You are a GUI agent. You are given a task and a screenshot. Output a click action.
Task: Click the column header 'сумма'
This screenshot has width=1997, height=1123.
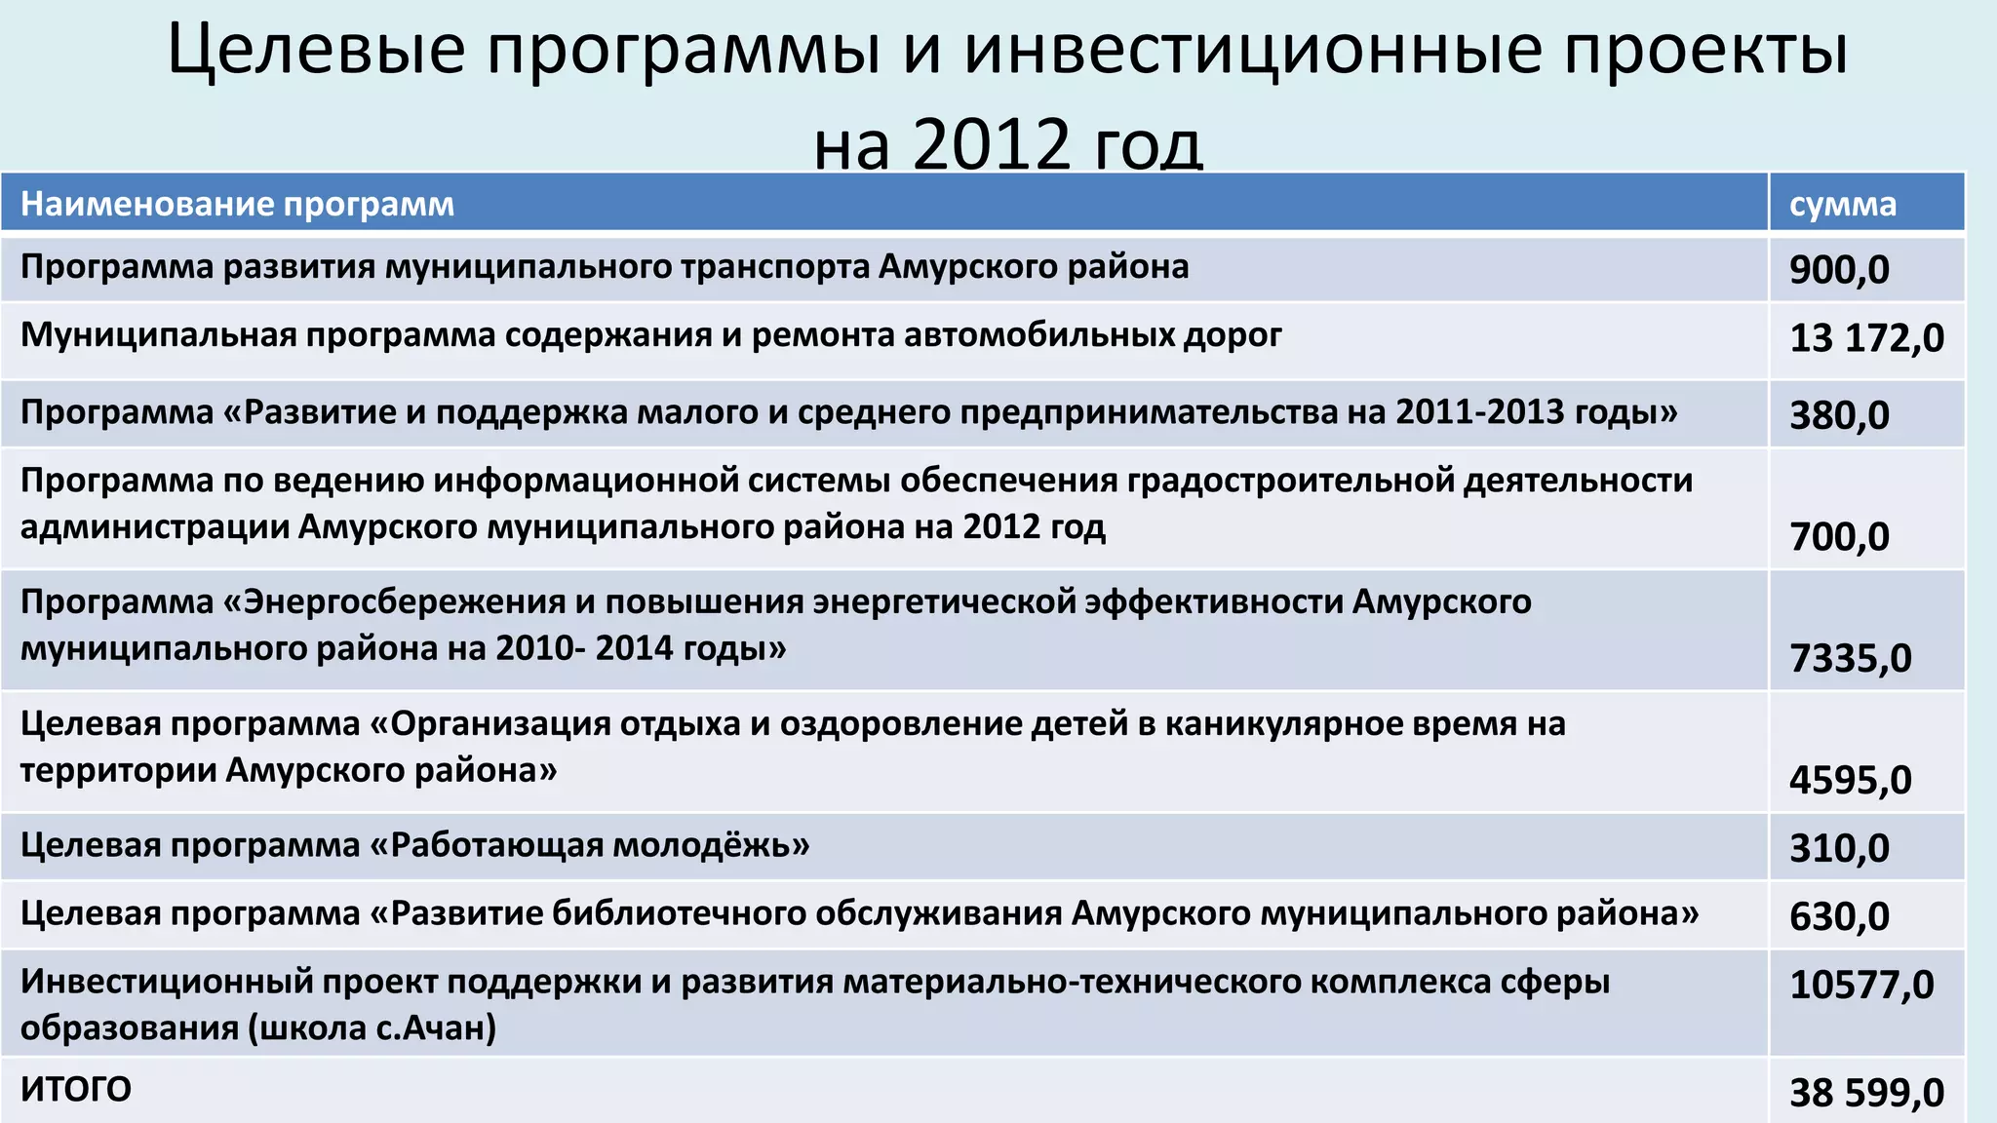coord(1842,205)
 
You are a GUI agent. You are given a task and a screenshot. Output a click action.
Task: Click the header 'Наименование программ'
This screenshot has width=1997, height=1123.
coord(237,205)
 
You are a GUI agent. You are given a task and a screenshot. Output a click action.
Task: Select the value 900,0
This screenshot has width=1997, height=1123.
coord(1838,269)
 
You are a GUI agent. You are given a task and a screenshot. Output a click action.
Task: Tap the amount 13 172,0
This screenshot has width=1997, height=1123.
coord(1865,338)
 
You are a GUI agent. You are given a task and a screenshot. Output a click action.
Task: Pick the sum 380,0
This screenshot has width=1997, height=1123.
coord(1838,415)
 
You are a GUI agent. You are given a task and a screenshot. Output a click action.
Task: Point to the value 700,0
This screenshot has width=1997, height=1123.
coord(1838,537)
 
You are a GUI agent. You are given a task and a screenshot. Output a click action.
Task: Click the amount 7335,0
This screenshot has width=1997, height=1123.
coord(1850,659)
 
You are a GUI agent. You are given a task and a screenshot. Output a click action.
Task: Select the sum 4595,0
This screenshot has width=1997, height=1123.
coord(1850,780)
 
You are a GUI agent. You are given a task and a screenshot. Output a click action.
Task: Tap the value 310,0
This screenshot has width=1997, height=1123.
coord(1838,848)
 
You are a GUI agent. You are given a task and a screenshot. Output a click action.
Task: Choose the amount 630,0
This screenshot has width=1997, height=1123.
coord(1838,916)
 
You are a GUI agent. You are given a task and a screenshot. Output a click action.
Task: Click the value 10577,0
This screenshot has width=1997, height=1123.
coord(1860,985)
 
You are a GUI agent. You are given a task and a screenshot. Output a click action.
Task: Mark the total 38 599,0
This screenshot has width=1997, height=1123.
coord(1865,1093)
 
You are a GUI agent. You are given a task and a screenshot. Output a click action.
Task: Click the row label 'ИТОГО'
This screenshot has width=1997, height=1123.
coord(76,1090)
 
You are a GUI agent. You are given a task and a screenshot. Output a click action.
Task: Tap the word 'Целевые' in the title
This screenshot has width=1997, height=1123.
coord(316,49)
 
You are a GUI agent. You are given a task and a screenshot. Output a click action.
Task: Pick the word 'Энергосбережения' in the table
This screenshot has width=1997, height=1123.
coord(404,602)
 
